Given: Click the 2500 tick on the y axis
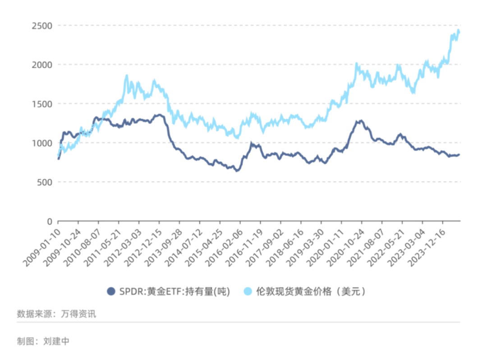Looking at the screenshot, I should [41, 26].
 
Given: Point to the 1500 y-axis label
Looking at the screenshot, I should [41, 104].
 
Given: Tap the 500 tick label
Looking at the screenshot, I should [44, 182].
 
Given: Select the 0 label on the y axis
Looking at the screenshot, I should [49, 221].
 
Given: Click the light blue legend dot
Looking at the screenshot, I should [248, 291].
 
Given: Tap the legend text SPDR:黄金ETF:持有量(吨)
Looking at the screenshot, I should [175, 291].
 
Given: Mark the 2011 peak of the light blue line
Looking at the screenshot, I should [127, 76].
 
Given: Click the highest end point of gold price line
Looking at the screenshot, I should [458, 31].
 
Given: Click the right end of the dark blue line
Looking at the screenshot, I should [459, 155].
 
